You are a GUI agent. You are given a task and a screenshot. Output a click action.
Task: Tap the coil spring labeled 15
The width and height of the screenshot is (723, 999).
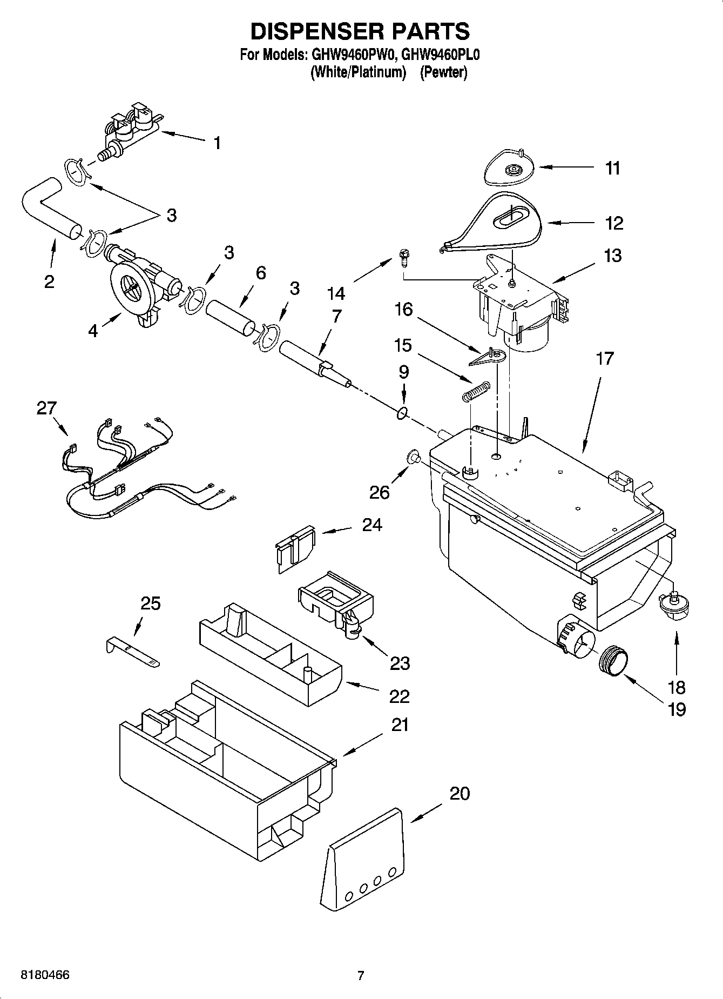coord(475,391)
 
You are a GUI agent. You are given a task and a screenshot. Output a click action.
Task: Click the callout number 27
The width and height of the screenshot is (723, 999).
coord(46,408)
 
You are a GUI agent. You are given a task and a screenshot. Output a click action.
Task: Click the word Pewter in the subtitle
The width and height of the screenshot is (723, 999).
coord(443,72)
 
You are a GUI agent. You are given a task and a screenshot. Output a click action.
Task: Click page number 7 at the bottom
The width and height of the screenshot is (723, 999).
coord(361,975)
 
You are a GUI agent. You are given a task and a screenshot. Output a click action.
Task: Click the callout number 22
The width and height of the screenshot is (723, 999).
coord(399,696)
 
